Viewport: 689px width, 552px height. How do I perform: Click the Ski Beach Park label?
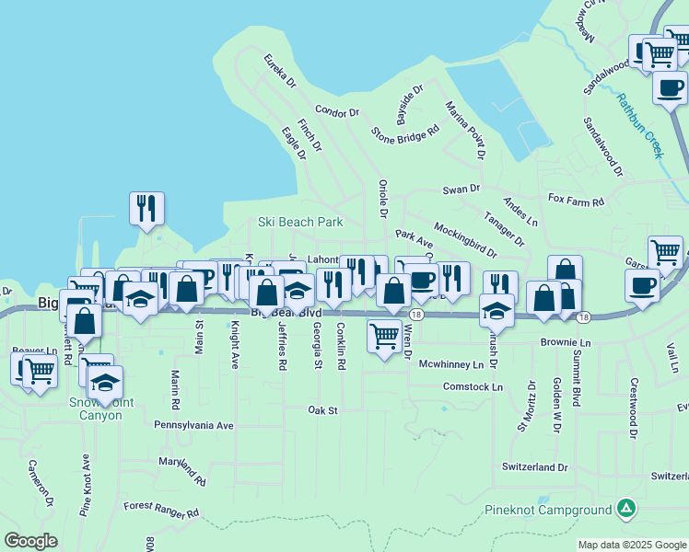300,222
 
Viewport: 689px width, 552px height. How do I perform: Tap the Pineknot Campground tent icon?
625,507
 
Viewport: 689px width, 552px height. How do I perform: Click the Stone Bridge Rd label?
405,132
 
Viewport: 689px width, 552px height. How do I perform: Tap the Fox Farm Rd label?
576,201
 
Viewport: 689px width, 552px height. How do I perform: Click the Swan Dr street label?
461,189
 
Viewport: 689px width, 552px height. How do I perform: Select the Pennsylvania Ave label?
194,426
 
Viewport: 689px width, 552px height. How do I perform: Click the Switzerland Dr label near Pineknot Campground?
535,467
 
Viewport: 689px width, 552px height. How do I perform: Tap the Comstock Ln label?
473,387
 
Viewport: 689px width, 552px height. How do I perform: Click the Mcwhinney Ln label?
451,364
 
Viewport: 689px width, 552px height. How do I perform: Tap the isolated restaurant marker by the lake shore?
146,209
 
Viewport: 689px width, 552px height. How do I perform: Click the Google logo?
31,541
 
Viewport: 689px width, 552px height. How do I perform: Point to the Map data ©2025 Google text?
631,545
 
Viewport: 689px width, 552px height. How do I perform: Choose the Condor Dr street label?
336,112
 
